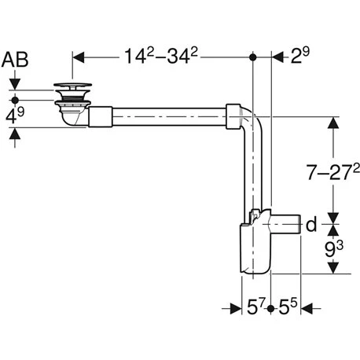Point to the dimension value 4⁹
tap(15, 118)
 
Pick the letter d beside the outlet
tap(311, 226)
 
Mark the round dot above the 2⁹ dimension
tap(253, 57)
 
